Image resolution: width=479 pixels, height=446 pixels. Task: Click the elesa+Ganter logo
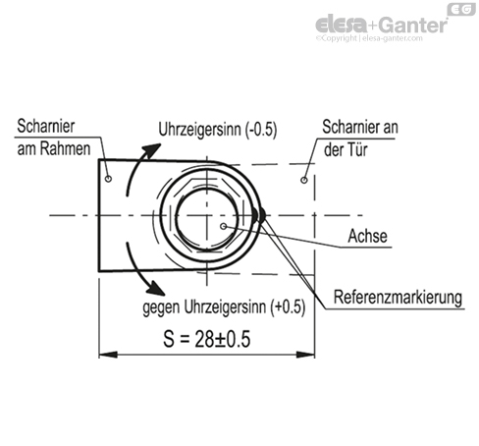click(382, 25)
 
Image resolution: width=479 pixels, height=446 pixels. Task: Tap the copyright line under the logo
click(369, 38)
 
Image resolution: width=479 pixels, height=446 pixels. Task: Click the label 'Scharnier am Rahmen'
click(54, 138)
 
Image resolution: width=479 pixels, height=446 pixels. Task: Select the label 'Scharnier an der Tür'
click(360, 138)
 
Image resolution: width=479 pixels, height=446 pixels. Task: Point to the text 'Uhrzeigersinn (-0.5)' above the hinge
click(218, 129)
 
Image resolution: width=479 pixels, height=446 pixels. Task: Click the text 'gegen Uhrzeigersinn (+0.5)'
click(224, 307)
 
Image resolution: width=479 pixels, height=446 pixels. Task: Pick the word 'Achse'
click(367, 236)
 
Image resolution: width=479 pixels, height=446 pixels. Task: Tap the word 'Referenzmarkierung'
click(398, 298)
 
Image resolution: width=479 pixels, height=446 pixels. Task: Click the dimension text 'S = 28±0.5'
click(207, 339)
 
